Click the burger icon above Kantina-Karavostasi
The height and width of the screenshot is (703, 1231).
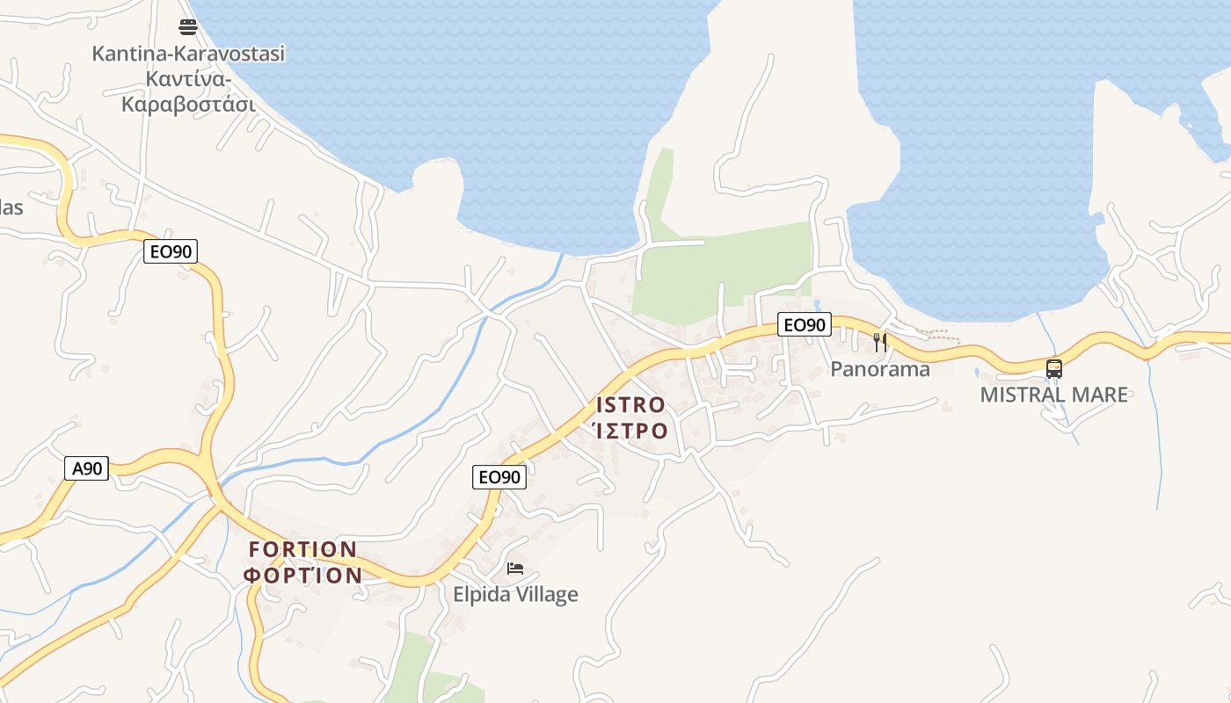tap(188, 26)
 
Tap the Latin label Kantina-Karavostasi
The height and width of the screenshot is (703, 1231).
tap(188, 54)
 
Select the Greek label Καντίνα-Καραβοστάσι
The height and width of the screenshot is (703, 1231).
tap(188, 92)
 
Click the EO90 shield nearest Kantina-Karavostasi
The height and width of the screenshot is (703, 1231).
tap(171, 252)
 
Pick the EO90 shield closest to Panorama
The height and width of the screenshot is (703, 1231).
tap(804, 325)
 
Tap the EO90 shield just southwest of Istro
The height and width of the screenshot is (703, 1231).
tap(499, 477)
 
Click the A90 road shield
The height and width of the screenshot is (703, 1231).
tap(87, 468)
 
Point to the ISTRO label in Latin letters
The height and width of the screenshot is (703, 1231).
tap(631, 405)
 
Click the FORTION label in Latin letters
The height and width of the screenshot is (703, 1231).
tap(303, 550)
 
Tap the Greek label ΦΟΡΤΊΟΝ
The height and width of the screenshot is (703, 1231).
tap(303, 576)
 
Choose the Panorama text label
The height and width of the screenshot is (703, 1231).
tap(880, 369)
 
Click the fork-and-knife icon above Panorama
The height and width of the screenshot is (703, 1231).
tap(879, 342)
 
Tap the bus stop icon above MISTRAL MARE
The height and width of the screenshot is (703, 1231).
tap(1054, 369)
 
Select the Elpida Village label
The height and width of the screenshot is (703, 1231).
tap(515, 594)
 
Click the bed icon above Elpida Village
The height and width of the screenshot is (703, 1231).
tap(515, 569)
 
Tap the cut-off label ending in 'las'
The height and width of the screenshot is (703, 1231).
tap(11, 208)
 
